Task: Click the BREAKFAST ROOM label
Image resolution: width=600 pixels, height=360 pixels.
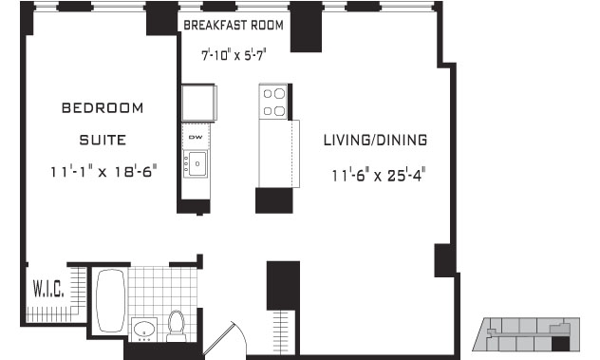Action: click(x=234, y=26)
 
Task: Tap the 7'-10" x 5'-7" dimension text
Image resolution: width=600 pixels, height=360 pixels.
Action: click(x=234, y=55)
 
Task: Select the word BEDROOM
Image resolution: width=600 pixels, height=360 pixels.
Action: click(x=103, y=108)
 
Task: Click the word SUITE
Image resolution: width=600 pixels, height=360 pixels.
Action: click(x=103, y=140)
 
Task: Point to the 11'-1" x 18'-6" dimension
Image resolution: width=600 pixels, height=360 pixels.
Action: click(x=103, y=171)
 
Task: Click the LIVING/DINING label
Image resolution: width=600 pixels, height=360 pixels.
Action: click(x=375, y=140)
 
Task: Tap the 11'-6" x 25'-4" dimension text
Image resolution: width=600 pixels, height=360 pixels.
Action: click(x=379, y=176)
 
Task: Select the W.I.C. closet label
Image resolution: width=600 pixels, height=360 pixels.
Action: click(x=48, y=289)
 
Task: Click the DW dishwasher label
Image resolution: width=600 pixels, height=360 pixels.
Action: click(x=196, y=137)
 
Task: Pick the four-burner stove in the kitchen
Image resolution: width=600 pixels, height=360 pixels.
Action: click(x=274, y=102)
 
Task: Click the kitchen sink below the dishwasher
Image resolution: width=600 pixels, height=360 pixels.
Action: click(x=196, y=164)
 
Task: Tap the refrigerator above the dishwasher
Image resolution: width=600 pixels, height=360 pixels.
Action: click(x=198, y=103)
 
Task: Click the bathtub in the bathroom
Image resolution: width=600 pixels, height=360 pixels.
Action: click(x=111, y=300)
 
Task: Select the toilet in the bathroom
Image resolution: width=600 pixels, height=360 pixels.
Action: click(x=177, y=326)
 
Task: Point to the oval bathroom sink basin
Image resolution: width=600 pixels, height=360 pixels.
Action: click(x=144, y=329)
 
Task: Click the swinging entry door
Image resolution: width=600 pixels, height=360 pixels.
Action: click(x=225, y=340)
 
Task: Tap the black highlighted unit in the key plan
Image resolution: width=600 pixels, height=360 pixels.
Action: click(x=560, y=344)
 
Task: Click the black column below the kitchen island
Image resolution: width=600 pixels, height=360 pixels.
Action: click(x=274, y=200)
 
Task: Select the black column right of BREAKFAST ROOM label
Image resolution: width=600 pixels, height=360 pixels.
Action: click(x=306, y=27)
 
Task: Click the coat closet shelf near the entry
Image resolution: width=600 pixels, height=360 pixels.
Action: click(x=282, y=332)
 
